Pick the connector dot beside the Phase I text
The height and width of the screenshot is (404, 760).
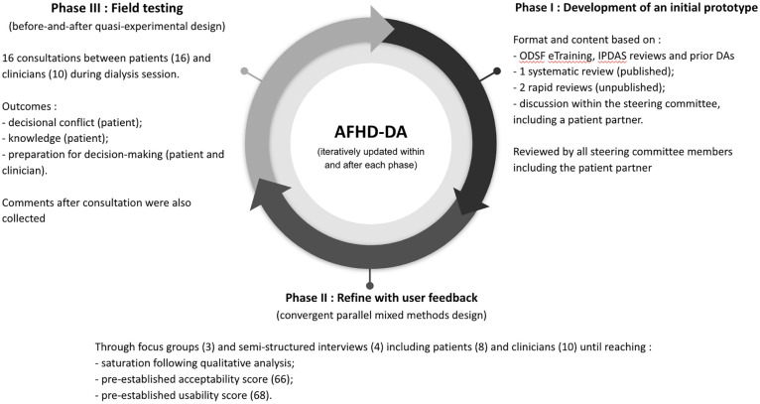496,71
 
